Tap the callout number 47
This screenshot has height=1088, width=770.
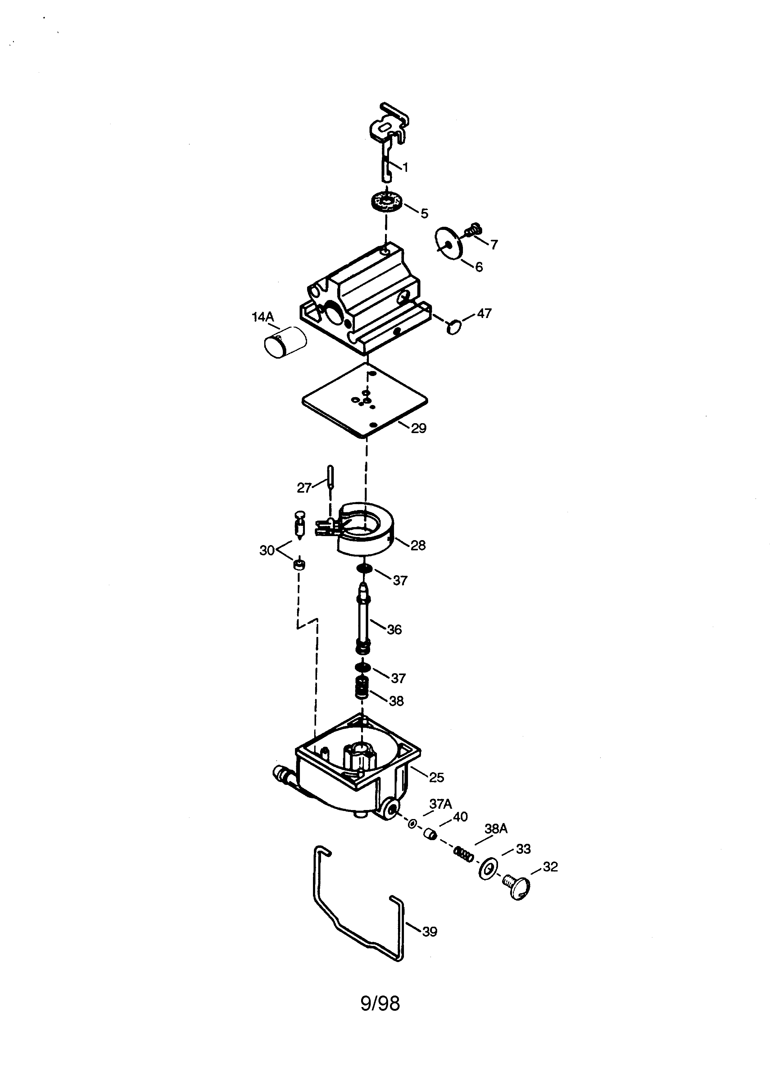pos(484,313)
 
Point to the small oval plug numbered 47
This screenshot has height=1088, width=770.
pos(454,326)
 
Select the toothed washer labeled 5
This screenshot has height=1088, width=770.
pos(386,202)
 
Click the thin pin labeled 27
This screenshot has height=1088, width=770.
pos(330,479)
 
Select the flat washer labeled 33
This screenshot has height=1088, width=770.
pos(488,868)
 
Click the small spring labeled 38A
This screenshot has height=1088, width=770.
pos(464,854)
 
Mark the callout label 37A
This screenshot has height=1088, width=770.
pos(441,804)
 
